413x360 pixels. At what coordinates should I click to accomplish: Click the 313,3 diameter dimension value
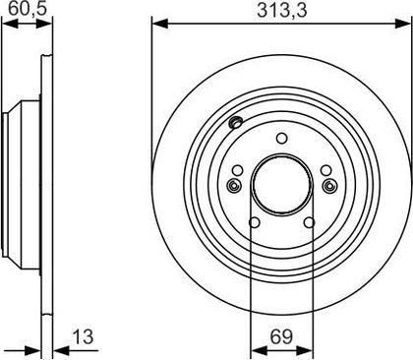click(282, 11)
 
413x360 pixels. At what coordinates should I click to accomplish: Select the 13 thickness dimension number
click(83, 336)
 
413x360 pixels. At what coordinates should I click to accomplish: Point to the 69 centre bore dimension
click(281, 336)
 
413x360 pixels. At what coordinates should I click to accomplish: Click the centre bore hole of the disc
click(282, 186)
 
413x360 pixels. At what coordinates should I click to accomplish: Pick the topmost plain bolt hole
click(281, 139)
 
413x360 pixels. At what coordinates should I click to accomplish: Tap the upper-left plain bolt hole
click(237, 170)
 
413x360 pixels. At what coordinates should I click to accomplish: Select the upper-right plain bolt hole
click(326, 170)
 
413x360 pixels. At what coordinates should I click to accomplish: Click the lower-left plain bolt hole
click(255, 222)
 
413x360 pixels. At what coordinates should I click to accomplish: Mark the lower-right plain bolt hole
click(309, 222)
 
